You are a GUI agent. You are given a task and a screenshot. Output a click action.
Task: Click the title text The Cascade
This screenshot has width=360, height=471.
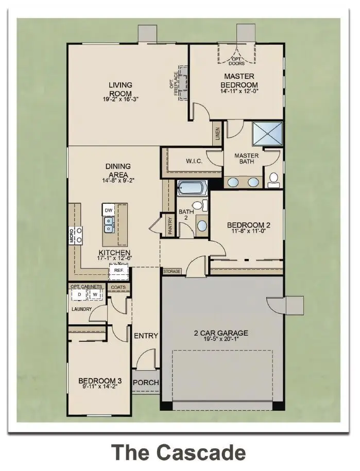[179, 452]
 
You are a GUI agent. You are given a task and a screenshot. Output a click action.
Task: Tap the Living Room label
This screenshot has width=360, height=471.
[120, 89]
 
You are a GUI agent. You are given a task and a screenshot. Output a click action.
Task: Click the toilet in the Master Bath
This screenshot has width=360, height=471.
[273, 179]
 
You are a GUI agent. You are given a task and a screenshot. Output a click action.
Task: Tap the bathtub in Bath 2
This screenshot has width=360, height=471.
[192, 188]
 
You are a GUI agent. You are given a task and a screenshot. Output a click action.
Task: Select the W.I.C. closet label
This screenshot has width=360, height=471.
[194, 162]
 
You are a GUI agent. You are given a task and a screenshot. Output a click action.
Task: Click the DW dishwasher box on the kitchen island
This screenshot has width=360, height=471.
[108, 211]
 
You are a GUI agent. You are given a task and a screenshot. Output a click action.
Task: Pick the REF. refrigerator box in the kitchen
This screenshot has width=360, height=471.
[118, 270]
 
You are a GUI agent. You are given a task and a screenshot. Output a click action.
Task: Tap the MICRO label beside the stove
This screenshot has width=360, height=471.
[72, 235]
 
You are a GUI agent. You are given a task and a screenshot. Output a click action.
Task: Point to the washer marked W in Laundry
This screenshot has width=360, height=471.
[95, 294]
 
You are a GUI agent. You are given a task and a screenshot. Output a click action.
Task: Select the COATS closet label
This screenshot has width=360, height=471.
[118, 287]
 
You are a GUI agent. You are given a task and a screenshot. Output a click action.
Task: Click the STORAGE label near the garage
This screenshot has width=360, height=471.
[172, 271]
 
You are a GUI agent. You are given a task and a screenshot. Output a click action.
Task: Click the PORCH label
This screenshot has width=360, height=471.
[146, 383]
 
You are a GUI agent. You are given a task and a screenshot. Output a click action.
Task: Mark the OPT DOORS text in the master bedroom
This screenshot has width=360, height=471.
[237, 61]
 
